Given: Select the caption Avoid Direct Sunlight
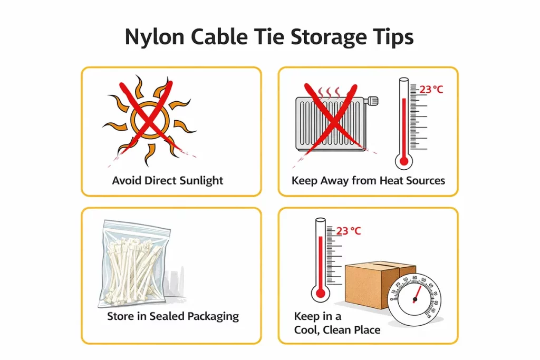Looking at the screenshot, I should pos(168,180).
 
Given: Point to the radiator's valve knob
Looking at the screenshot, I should pos(373,99).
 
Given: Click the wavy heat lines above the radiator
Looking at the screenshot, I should pos(329,93).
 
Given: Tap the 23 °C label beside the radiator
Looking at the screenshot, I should pos(431,89).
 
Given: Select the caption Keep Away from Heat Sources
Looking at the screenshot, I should pos(368,180).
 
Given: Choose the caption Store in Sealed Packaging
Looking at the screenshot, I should pos(173,316).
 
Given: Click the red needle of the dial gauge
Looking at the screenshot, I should pos(417,293).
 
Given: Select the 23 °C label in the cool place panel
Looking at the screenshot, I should pos(349,231).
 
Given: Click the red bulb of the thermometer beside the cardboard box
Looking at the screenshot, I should pos(320,293).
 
